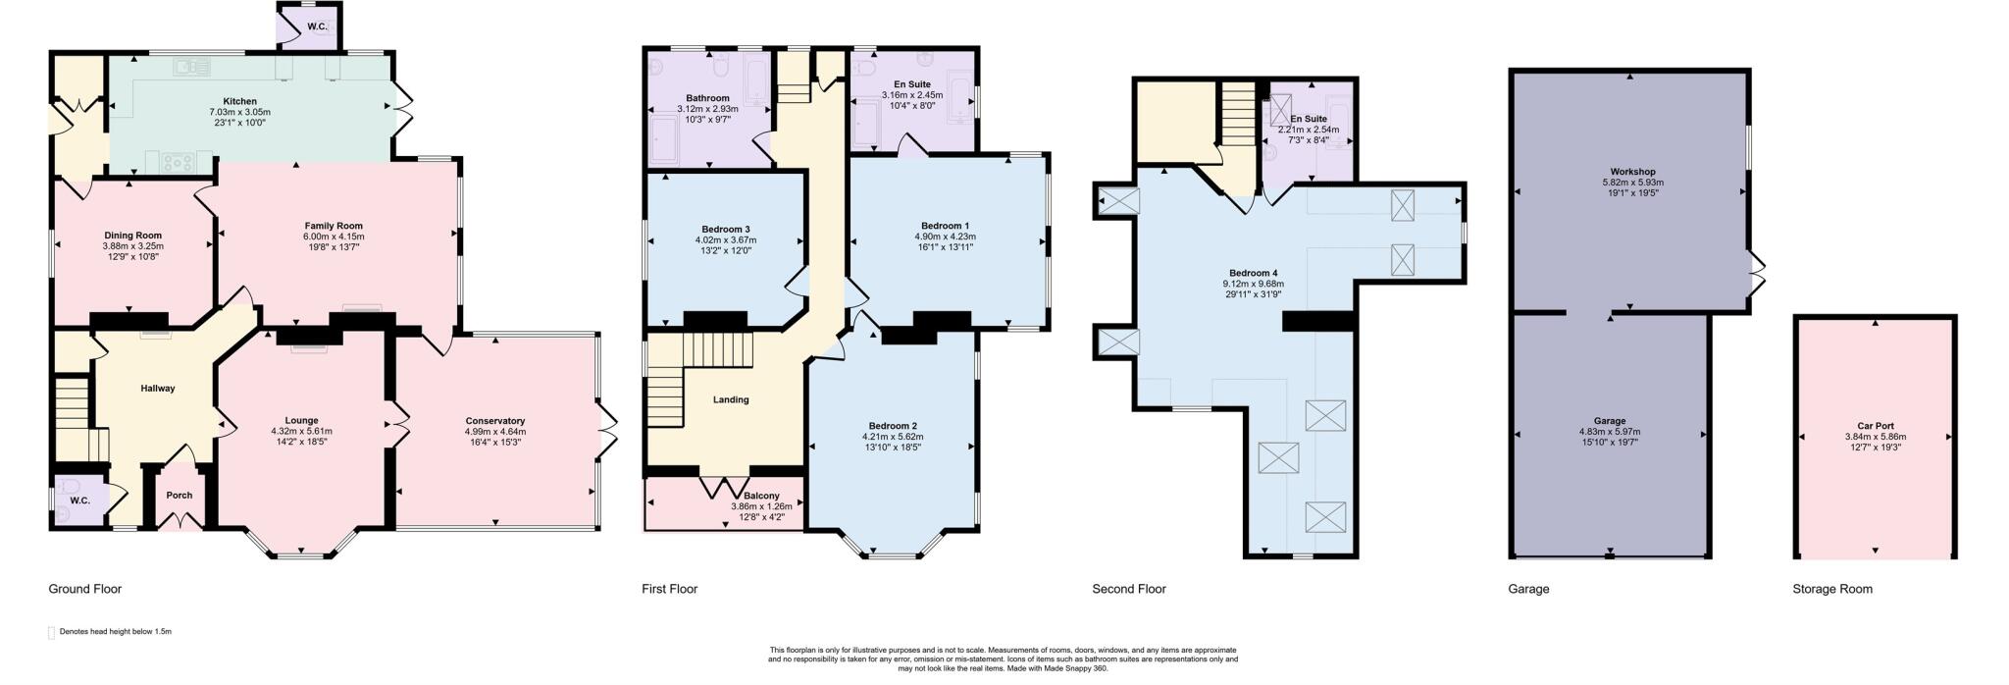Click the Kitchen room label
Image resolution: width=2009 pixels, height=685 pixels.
coord(239,101)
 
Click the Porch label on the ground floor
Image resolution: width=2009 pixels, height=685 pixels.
coord(179,496)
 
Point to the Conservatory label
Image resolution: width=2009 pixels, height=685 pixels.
coord(494,421)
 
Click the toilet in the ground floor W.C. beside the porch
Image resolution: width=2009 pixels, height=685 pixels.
coord(67,487)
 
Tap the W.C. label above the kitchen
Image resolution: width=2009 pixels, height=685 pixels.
coord(317,27)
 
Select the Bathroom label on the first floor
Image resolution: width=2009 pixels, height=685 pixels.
coord(707,98)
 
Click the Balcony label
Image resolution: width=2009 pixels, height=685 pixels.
coord(760,496)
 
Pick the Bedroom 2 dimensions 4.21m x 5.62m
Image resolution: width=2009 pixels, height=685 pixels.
coord(892,437)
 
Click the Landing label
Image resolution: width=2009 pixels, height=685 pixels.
coord(731,399)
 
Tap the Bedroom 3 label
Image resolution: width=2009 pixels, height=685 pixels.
coord(726,229)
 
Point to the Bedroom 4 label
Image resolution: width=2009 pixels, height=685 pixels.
coord(1253,273)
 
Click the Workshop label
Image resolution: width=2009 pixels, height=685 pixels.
coord(1632,172)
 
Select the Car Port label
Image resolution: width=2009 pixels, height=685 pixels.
coord(1875,426)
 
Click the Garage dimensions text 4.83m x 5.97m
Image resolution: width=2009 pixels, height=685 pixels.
coord(1609,431)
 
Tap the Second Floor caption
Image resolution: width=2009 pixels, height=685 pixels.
coord(1128,589)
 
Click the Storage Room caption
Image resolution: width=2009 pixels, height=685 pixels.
coord(1831,589)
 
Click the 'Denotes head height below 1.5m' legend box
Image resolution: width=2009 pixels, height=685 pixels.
coord(52,632)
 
